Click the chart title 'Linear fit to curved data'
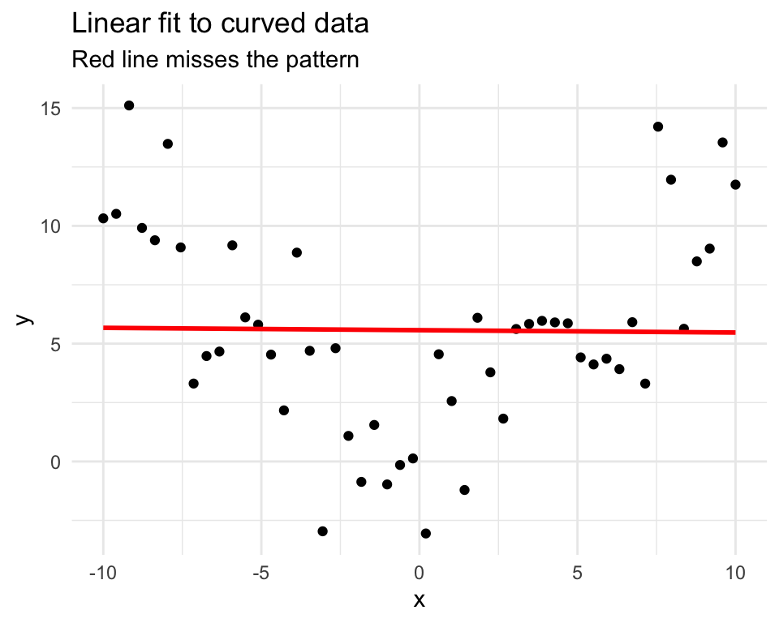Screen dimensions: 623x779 coord(221,24)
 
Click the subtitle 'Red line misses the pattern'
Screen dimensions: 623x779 coord(215,60)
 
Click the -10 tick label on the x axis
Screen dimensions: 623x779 coord(103,571)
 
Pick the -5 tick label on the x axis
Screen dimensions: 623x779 coord(261,571)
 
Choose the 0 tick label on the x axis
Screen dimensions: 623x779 coord(420,571)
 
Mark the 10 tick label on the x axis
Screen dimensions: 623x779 coord(735,571)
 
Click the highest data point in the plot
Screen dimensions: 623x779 coord(129,105)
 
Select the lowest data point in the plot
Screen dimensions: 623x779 coord(425,533)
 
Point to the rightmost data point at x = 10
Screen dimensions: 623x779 coord(735,184)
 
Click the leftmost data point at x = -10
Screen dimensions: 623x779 coord(103,218)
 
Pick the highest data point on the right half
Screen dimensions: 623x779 coord(658,127)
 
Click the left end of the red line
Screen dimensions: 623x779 coord(104,328)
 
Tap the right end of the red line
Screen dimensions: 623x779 coord(734,332)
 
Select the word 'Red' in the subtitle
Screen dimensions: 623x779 coord(88,60)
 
